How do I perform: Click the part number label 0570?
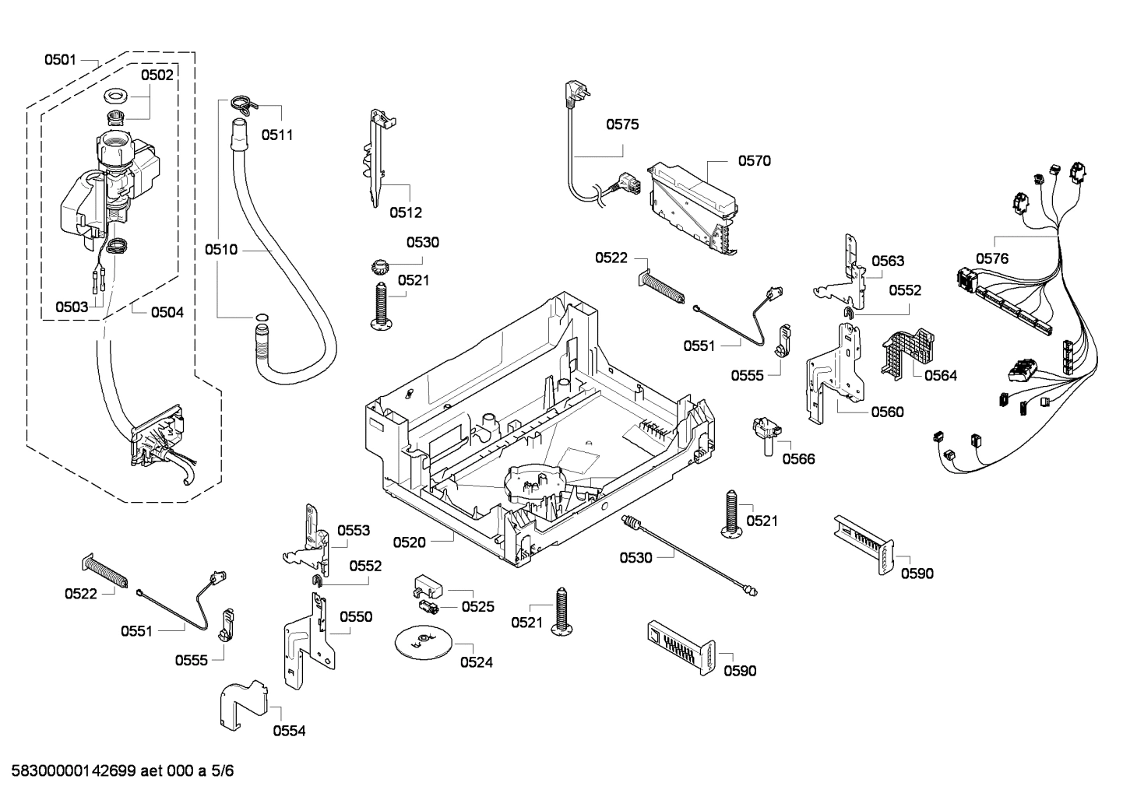(754, 161)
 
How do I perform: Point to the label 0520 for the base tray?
(409, 542)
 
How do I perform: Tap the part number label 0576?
(991, 258)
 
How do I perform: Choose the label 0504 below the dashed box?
(167, 312)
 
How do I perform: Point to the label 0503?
(72, 307)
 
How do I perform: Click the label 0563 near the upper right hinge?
(887, 261)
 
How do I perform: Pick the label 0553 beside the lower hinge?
(354, 531)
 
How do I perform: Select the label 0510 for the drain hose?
(221, 250)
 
